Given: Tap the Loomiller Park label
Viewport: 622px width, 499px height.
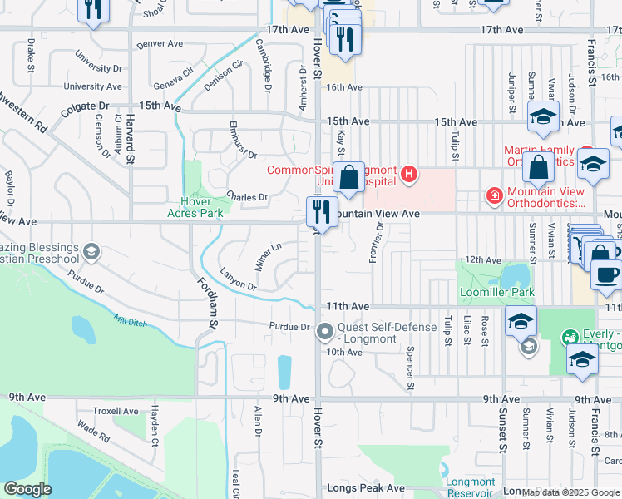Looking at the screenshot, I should coord(496,293).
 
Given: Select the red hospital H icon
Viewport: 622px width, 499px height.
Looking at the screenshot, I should coord(408,174).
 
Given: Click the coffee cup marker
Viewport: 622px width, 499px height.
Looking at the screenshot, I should coord(606,275).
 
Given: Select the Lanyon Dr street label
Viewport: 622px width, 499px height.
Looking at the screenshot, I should coord(238,279).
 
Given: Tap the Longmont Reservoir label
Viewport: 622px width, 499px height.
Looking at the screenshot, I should coord(470,487).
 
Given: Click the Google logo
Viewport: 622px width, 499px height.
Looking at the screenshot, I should coord(27,489).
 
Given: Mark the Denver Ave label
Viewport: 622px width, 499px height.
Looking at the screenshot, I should coord(159,43).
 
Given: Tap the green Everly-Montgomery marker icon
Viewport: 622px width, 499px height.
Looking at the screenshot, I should coord(570,338).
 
